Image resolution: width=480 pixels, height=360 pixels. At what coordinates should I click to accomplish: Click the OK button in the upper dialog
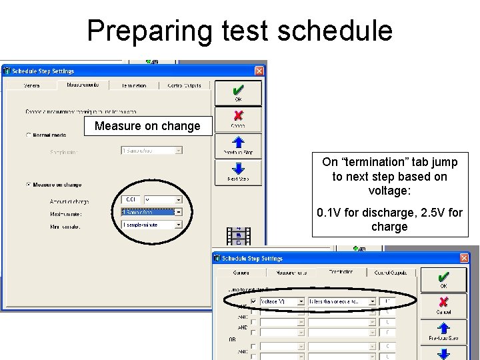coord(238,93)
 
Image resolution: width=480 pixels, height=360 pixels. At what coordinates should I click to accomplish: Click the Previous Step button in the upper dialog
coord(238,145)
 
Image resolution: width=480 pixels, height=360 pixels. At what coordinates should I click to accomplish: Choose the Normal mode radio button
coord(28,135)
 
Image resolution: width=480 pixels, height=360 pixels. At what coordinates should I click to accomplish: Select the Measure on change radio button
coord(28,185)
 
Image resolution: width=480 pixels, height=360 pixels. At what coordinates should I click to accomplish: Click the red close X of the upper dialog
coord(259,71)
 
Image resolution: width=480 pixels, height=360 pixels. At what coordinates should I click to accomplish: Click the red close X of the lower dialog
coord(464,259)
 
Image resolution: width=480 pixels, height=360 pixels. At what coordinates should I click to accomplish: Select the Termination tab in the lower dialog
coord(340,272)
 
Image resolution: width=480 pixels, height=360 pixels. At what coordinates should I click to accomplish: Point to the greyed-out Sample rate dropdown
coord(151,151)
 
